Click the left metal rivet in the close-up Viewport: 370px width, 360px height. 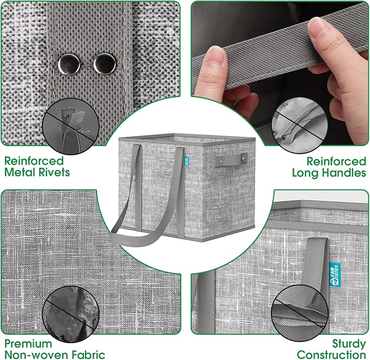pyautogui.click(x=69, y=64)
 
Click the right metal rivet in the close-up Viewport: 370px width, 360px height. pyautogui.click(x=105, y=64)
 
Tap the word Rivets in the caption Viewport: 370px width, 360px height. pyautogui.click(x=54, y=172)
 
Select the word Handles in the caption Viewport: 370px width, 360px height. pyautogui.click(x=344, y=173)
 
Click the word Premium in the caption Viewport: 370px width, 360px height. pyautogui.click(x=28, y=344)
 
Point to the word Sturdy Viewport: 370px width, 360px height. pyautogui.click(x=349, y=344)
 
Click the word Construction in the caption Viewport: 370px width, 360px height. pyautogui.click(x=331, y=355)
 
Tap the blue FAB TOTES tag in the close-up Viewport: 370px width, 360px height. pyautogui.click(x=335, y=275)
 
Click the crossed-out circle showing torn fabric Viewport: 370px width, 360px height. pyautogui.click(x=71, y=126)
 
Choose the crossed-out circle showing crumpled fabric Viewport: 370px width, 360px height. pyautogui.click(x=71, y=314)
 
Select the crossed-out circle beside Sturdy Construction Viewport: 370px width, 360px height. pyautogui.click(x=300, y=313)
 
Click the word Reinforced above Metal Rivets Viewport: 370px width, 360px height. pyautogui.click(x=34, y=161)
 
